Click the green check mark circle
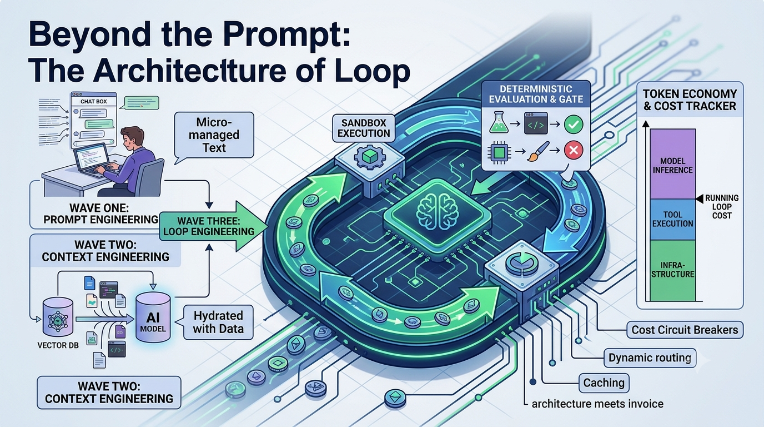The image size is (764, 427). pos(574,124)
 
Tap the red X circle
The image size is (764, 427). pos(574,150)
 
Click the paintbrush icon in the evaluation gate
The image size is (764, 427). pos(538,151)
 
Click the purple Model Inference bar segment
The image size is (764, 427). pos(672,164)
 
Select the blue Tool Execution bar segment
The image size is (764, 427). pos(672,220)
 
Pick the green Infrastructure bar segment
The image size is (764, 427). pos(672,271)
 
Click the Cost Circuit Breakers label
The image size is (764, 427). pos(685,330)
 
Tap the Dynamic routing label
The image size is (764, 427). pos(650,358)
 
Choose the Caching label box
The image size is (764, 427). pos(604,383)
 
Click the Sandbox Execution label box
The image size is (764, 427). pos(364,128)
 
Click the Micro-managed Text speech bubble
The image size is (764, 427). pos(214,135)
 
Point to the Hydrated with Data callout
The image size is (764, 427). pos(218,322)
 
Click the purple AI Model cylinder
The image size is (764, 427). pos(153,317)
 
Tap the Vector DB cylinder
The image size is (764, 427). pos(58,317)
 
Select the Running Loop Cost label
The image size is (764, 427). pos(722,207)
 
